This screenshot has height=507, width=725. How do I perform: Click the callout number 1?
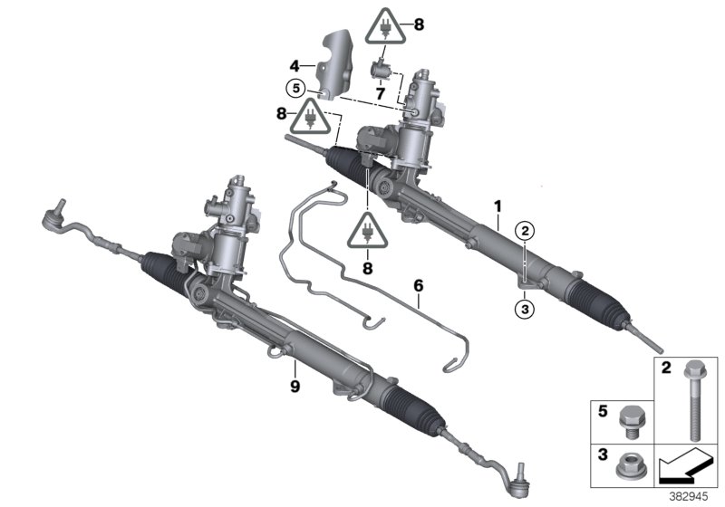[x=498, y=206]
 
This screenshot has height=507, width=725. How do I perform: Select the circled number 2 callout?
[x=524, y=231]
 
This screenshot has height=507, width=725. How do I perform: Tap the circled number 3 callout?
[x=524, y=308]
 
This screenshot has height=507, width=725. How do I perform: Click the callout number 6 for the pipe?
[x=418, y=284]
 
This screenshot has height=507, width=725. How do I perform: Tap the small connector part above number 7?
[x=382, y=69]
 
